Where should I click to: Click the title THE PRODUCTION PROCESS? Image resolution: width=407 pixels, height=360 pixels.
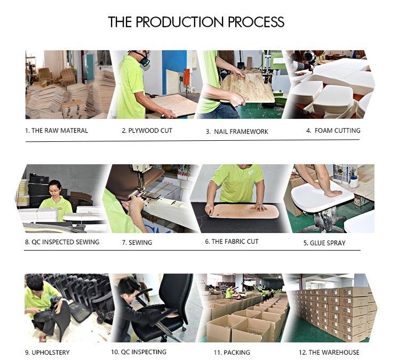click(196, 22)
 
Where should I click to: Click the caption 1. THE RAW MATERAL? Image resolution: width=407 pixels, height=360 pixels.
click(57, 131)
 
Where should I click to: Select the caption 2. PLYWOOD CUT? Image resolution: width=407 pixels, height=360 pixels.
click(147, 131)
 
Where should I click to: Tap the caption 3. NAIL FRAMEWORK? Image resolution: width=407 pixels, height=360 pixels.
click(237, 132)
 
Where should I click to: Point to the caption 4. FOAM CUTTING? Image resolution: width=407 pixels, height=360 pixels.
click(333, 131)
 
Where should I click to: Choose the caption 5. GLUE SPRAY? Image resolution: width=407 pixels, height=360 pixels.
click(324, 243)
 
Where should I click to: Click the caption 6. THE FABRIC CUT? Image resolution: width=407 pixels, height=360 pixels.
click(232, 242)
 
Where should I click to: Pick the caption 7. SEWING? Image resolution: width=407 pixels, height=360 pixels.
click(137, 243)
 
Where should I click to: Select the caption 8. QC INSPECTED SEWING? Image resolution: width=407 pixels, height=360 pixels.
click(62, 242)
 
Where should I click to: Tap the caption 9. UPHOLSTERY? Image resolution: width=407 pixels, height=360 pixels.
click(47, 353)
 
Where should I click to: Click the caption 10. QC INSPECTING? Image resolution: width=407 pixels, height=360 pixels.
click(139, 352)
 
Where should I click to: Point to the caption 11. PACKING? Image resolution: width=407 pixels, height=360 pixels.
click(232, 353)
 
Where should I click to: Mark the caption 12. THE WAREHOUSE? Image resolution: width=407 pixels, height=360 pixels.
click(329, 352)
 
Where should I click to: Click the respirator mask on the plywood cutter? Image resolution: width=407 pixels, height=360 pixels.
click(143, 60)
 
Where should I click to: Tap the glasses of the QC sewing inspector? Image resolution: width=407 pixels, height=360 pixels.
click(54, 191)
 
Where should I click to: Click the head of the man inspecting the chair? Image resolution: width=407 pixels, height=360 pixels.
click(126, 287)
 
